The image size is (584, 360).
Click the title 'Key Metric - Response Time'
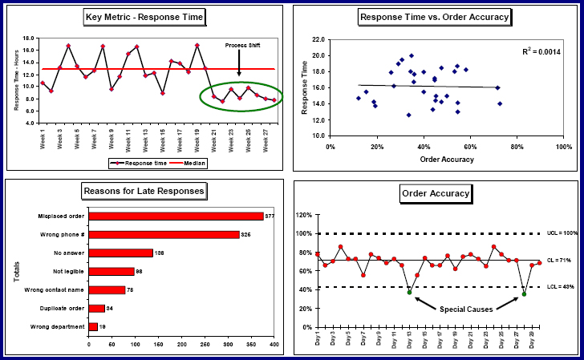[x=144, y=16]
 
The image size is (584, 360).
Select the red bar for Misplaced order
[x=176, y=216]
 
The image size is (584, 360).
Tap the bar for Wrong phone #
[x=164, y=234]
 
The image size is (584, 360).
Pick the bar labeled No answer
[x=120, y=253]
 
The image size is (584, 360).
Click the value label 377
[x=270, y=216]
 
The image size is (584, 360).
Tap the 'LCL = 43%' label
[x=560, y=287]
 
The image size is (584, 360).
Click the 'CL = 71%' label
[x=560, y=261]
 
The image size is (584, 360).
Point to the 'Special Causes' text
[x=467, y=308]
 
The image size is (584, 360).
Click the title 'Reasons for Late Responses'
[x=144, y=191]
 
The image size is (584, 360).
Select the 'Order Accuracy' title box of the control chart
[x=435, y=193]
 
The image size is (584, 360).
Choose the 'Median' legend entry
[x=189, y=163]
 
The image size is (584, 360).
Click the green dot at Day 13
[x=409, y=293]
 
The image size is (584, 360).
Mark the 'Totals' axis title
[x=16, y=270]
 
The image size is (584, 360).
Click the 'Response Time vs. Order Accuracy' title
[x=435, y=16]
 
